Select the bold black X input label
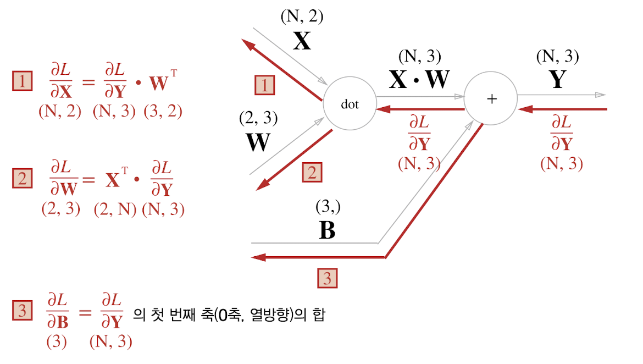302,41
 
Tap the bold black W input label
258,142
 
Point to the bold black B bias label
327,230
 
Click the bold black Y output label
557,79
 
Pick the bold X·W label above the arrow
419,79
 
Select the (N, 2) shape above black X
302,17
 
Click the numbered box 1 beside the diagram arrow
264,85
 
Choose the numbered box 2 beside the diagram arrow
312,172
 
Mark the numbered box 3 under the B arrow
327,278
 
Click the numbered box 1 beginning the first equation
22,81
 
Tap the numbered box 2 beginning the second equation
22,178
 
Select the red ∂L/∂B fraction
58,311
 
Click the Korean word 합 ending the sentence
319,315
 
